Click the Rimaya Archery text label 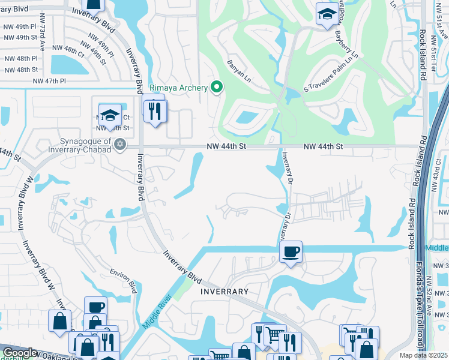tap(178, 88)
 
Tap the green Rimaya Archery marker tap(218, 88)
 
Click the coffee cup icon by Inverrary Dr tap(291, 251)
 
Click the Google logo tap(19, 353)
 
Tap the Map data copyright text tap(423, 355)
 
